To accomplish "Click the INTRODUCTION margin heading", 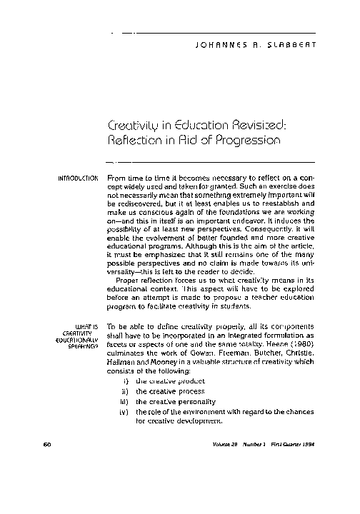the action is (x=76, y=177).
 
